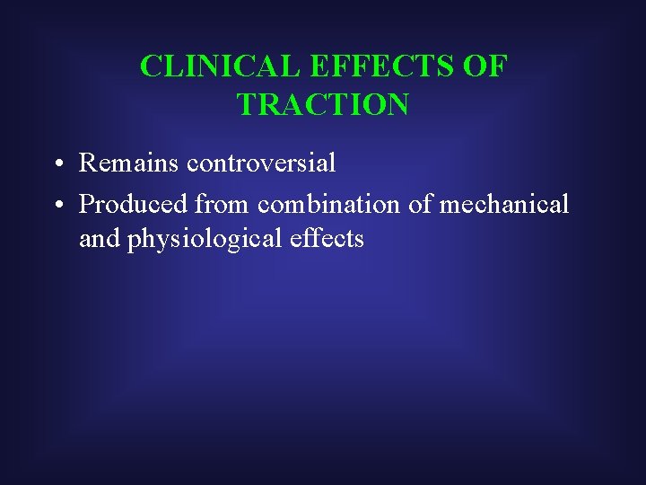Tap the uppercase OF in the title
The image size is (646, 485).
tap(490, 66)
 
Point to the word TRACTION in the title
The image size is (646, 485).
tap(323, 105)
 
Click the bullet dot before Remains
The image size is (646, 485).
tap(57, 164)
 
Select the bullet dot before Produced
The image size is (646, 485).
tap(57, 206)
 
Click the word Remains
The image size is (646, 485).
tap(129, 163)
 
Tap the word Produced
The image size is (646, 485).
tap(134, 204)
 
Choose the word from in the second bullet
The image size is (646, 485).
tap(223, 204)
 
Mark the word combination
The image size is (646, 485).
tap(329, 204)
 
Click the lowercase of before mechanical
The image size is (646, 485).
tap(420, 204)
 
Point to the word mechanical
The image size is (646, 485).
tap(504, 204)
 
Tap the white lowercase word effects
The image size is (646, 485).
tap(322, 238)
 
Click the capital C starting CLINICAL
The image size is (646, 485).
tap(151, 66)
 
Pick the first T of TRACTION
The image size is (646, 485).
tap(247, 105)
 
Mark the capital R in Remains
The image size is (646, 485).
tap(88, 163)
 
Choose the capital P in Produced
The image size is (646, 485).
tap(87, 204)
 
